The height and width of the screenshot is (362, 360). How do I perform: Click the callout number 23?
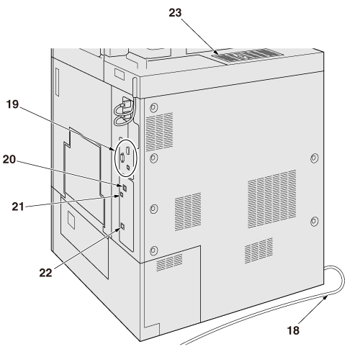pos(175,13)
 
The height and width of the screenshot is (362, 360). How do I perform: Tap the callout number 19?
pos(12,104)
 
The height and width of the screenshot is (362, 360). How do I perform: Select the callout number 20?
pos(9,160)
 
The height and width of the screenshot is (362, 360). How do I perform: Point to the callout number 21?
pos(18,207)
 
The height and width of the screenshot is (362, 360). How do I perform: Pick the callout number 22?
pos(45,273)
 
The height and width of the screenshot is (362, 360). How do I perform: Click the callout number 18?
pos(293,330)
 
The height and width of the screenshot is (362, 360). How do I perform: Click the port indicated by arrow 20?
pos(125,187)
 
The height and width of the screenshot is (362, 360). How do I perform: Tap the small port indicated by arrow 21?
pos(122,194)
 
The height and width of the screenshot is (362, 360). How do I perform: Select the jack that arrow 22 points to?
pos(122,226)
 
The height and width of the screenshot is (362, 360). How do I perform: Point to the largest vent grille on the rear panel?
pos(272,199)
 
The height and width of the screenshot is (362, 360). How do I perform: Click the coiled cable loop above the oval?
pos(124,114)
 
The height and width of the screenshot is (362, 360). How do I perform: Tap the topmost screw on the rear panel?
pos(154,107)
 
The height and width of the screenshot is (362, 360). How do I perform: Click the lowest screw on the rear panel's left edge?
pos(153,251)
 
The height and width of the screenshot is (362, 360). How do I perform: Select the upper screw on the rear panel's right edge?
pos(315,158)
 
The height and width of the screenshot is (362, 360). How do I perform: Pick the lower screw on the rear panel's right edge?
pos(314,222)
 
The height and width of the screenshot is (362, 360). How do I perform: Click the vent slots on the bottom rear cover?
pos(169,262)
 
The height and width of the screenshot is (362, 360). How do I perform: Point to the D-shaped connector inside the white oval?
pos(122,158)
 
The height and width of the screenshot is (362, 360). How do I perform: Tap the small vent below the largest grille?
pos(258,250)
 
